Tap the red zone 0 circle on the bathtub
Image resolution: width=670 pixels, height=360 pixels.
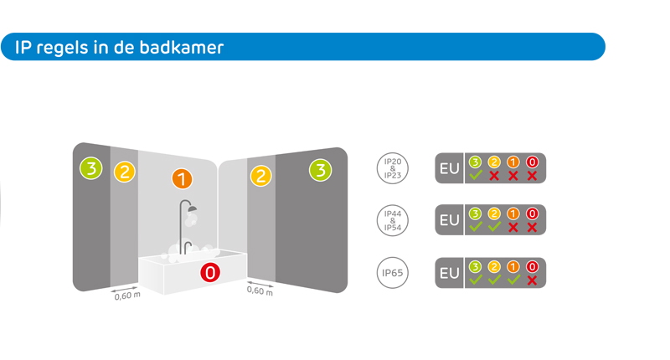(x=210, y=272)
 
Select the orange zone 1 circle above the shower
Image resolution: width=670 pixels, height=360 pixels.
(x=182, y=178)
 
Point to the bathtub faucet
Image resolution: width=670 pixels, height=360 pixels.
(x=188, y=245)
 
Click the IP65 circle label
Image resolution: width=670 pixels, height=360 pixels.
(x=392, y=273)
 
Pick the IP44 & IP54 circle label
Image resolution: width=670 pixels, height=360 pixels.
(x=392, y=220)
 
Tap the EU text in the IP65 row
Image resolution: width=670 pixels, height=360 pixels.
(x=450, y=273)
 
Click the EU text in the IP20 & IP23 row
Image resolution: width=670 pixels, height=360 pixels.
(x=450, y=168)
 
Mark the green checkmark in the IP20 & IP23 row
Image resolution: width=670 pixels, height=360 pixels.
(x=475, y=176)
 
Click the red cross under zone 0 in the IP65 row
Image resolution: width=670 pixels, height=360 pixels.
(x=531, y=280)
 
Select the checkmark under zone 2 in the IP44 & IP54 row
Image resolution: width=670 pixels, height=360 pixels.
(x=494, y=227)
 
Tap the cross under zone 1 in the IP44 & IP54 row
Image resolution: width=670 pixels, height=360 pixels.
(x=513, y=227)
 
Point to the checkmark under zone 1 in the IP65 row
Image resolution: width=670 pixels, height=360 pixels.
(x=513, y=280)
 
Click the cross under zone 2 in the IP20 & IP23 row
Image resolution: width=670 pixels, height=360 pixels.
(x=494, y=176)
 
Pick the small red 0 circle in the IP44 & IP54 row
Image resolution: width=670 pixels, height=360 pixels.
(x=531, y=213)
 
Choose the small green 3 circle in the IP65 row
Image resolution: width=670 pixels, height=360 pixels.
(x=475, y=266)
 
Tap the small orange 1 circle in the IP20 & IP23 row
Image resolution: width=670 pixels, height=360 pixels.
(x=513, y=162)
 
